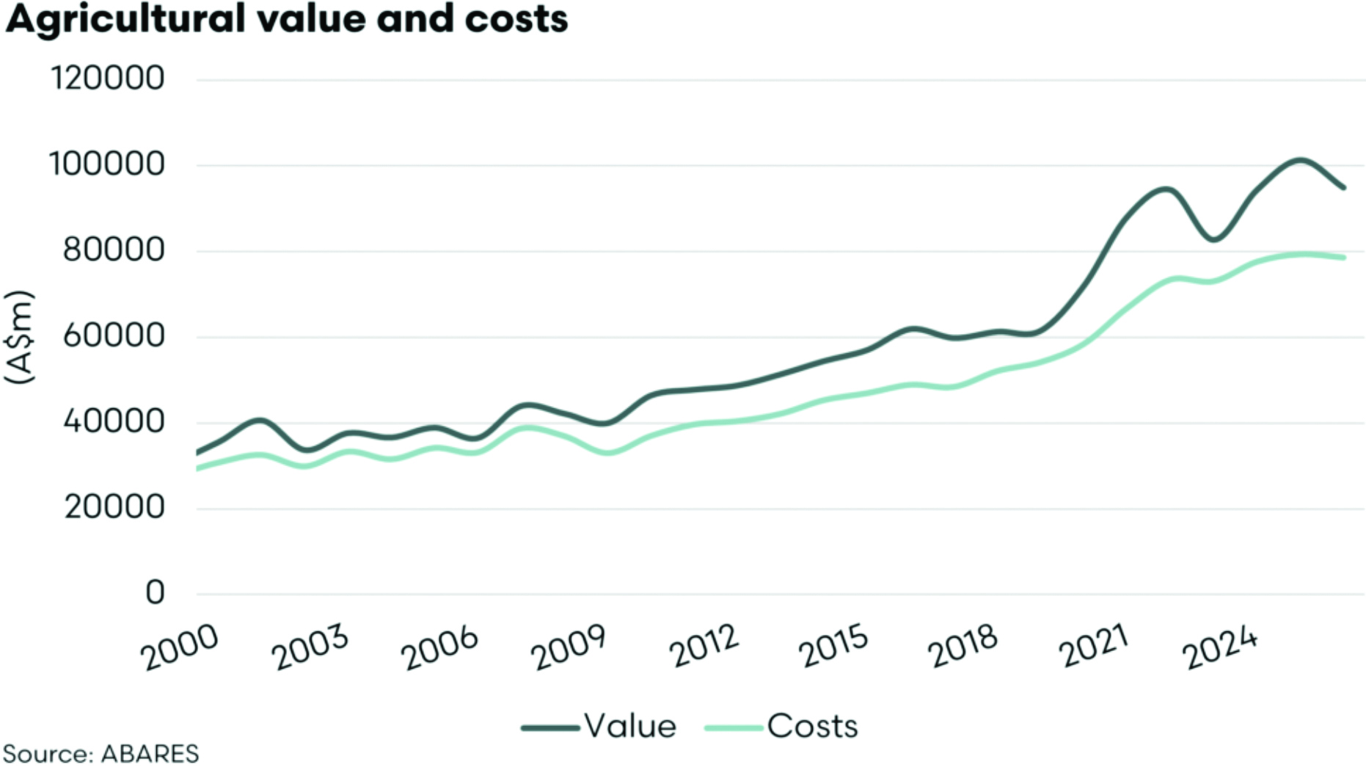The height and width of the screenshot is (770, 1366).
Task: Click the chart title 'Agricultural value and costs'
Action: pyautogui.click(x=286, y=19)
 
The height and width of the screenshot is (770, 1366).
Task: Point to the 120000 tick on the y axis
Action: pyautogui.click(x=107, y=78)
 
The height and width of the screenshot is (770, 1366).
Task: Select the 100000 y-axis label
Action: pyautogui.click(x=107, y=164)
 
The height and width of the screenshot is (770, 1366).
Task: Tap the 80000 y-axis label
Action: pyautogui.click(x=114, y=250)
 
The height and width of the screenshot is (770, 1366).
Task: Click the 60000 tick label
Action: pyautogui.click(x=114, y=336)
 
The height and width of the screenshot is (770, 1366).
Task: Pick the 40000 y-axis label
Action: pyautogui.click(x=114, y=422)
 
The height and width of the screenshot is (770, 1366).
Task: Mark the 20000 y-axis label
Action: pyautogui.click(x=114, y=507)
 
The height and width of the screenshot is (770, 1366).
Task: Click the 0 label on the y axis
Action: pyautogui.click(x=155, y=593)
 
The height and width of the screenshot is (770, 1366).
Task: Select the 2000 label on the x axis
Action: pyautogui.click(x=180, y=647)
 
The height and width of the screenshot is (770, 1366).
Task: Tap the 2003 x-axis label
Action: pyautogui.click(x=311, y=647)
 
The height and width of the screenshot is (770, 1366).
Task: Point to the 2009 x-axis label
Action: pyautogui.click(x=570, y=647)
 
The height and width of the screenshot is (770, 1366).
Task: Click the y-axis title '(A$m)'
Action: pyautogui.click(x=20, y=337)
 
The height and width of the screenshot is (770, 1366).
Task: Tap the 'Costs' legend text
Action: pyautogui.click(x=812, y=727)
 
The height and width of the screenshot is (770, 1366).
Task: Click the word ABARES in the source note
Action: pyautogui.click(x=150, y=754)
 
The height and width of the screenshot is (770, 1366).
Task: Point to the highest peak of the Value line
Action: pyautogui.click(x=1299, y=159)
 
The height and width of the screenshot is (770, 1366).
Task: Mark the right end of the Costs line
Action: pyautogui.click(x=1344, y=258)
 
